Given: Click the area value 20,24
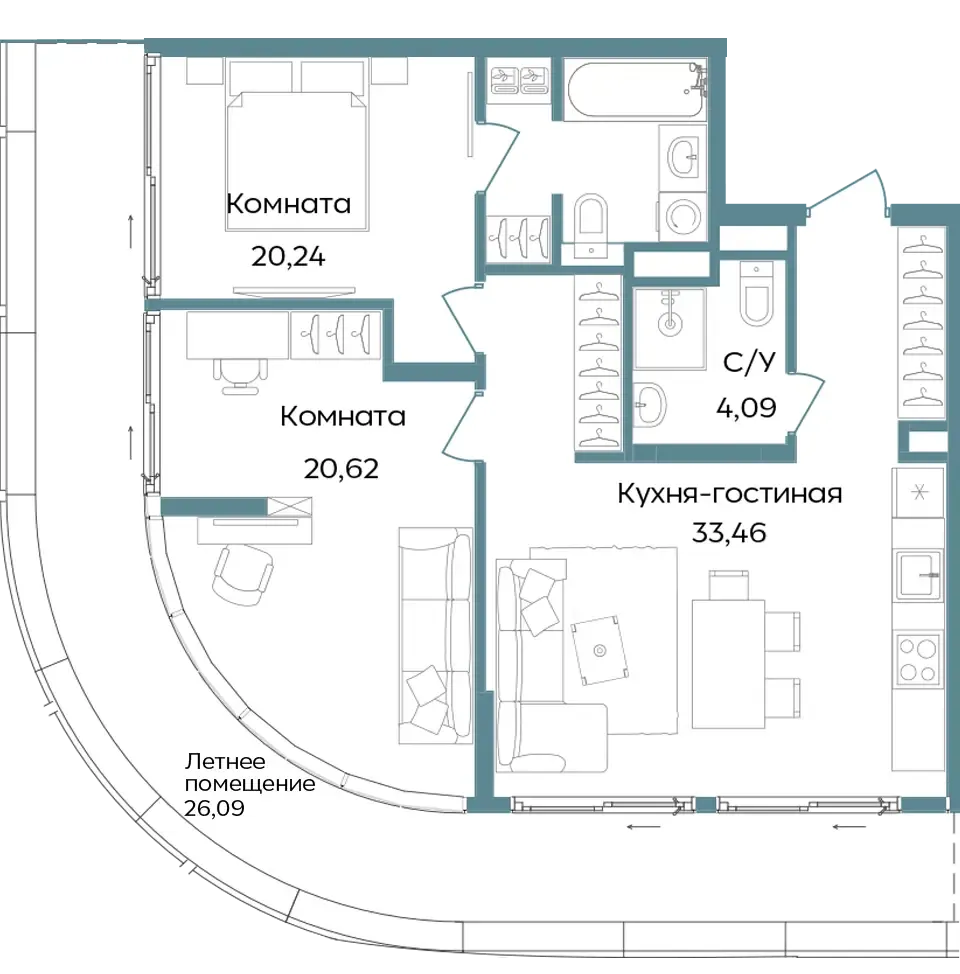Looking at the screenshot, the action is coord(288,256).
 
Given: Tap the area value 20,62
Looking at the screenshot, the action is coord(341,468).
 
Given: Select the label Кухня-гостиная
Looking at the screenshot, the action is coord(729,494).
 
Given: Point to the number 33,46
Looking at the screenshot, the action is coord(729,532).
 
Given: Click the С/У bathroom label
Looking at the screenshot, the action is coord(749,362).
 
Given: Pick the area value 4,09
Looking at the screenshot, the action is coord(746,407).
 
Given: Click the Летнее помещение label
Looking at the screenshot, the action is coord(250,772).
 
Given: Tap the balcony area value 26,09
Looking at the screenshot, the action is coord(214,808).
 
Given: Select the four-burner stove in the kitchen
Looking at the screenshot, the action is coord(918,660).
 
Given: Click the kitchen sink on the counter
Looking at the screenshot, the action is coord(918,575).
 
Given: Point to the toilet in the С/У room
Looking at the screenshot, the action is coord(757,293).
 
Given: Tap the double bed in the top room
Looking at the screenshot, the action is coord(297,160).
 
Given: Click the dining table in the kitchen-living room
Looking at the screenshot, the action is coord(728,663).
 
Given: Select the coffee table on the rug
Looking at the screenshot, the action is coord(600,650).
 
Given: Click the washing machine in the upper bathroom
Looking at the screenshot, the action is coord(683,216).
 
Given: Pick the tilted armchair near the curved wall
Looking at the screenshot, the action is coord(243,575).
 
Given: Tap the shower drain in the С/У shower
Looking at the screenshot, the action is coord(670,324).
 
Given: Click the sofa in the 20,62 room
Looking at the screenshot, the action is coord(436,635).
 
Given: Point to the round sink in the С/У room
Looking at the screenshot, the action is coord(650,405).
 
